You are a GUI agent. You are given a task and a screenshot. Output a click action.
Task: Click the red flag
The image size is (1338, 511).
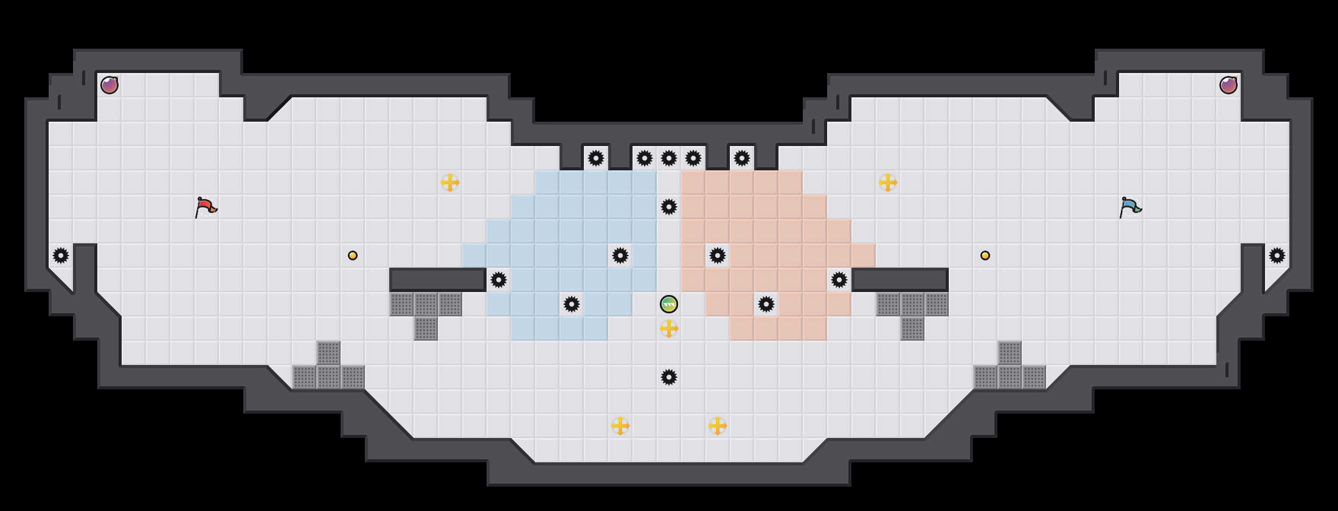[x=206, y=207]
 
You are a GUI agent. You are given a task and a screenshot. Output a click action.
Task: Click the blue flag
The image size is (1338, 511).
[x=1130, y=207]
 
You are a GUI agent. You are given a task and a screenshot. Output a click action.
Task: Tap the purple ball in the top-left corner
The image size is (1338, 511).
[x=109, y=85]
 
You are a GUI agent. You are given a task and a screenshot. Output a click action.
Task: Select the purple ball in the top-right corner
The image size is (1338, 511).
[x=1229, y=85]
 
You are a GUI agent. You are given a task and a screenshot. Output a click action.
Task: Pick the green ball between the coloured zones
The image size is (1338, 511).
[x=669, y=304]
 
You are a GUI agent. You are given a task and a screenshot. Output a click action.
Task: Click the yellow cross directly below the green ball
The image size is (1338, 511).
[x=669, y=328]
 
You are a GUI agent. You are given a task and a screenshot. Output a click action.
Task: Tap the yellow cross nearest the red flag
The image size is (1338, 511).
[x=450, y=182]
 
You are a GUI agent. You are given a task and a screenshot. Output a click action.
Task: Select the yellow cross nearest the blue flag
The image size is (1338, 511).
[x=888, y=182]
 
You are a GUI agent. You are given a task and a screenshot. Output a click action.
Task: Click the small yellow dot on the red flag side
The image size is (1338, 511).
[x=353, y=255]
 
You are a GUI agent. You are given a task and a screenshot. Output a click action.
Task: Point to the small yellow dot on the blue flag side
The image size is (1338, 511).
[x=985, y=255]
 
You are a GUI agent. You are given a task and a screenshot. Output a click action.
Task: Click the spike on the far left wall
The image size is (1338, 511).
[x=61, y=255]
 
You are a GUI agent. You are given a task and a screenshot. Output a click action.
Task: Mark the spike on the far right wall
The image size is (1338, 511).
[x=1277, y=255]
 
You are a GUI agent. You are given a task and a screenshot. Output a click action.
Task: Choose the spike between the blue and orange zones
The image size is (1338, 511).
[x=669, y=207]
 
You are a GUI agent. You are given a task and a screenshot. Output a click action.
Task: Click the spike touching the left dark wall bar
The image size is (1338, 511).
[x=499, y=280]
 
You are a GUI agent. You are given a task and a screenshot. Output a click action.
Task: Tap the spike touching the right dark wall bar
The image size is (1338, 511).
[x=839, y=280]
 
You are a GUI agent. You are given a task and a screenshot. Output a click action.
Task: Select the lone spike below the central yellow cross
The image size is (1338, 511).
[x=669, y=377]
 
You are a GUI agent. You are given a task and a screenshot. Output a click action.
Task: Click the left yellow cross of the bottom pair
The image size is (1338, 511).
[x=620, y=426]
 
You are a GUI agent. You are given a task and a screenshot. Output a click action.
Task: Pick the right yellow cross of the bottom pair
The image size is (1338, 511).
[x=718, y=426]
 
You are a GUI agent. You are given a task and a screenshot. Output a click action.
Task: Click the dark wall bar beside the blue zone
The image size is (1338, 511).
[x=438, y=280]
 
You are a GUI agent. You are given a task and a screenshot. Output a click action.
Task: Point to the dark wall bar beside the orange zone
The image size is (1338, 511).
[x=900, y=280]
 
